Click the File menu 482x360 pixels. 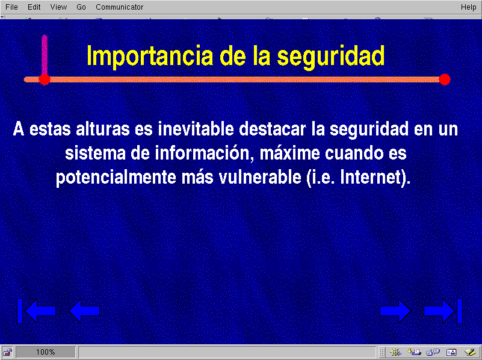point(11,7)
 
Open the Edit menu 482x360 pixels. point(34,7)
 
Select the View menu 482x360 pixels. point(58,7)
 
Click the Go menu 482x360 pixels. point(81,7)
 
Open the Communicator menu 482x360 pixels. point(119,7)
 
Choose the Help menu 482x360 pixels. point(469,7)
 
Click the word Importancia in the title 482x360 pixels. point(150,56)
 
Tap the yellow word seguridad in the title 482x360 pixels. point(331,56)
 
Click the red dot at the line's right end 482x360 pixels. point(445,79)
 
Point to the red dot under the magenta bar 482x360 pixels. point(45,79)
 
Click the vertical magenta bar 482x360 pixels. point(45,54)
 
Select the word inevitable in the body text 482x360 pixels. point(196,129)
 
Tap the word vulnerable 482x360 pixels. point(260,178)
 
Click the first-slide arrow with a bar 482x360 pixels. point(36,311)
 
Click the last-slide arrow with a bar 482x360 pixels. point(443,311)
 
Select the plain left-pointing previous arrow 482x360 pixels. point(84,311)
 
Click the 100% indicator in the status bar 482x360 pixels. point(46,352)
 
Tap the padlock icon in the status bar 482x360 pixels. point(7,352)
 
